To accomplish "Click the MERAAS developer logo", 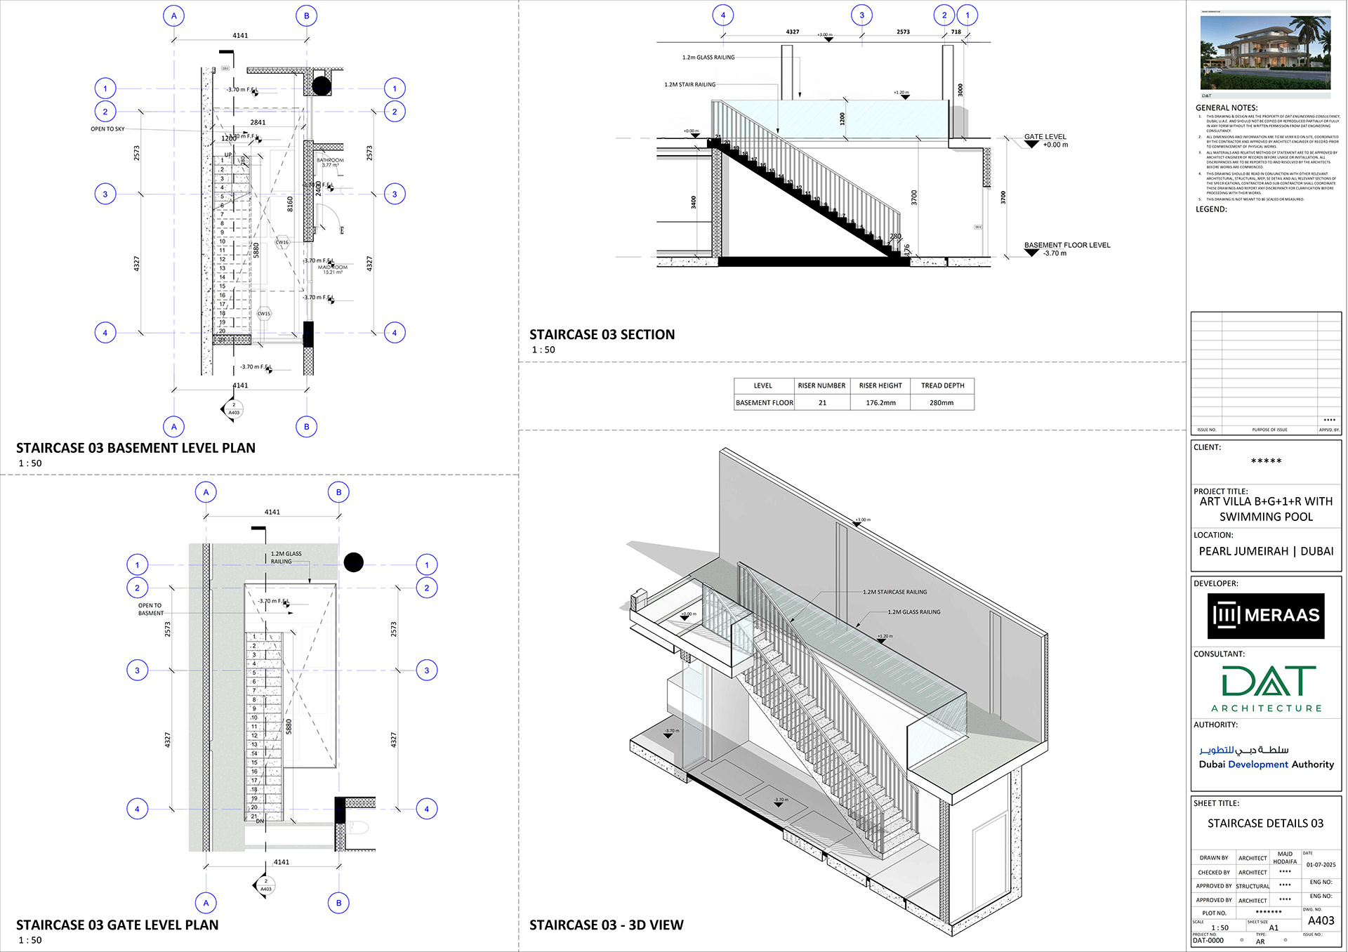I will tap(1265, 616).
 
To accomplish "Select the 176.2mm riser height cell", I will tap(880, 403).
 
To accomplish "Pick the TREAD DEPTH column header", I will tap(942, 385).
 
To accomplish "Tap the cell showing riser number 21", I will tap(822, 403).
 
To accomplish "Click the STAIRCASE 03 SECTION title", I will tap(602, 335).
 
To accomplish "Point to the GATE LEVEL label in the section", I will tap(1045, 137).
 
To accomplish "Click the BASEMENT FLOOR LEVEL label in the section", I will tap(1066, 245).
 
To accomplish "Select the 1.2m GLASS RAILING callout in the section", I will tap(708, 58).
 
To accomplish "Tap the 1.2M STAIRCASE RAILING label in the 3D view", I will tap(894, 592).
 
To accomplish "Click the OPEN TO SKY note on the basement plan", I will tap(107, 129).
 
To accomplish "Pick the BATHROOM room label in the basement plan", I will tap(330, 160).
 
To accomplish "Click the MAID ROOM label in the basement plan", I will tap(333, 267).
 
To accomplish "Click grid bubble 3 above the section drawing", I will tap(861, 15).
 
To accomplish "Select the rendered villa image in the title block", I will tap(1265, 53).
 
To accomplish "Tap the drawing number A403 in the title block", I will tap(1321, 920).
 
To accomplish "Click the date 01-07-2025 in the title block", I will tap(1321, 865).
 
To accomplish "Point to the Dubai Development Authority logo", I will tap(1265, 758).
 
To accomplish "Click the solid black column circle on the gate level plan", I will tap(354, 562).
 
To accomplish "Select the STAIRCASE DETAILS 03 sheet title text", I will tap(1265, 823).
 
